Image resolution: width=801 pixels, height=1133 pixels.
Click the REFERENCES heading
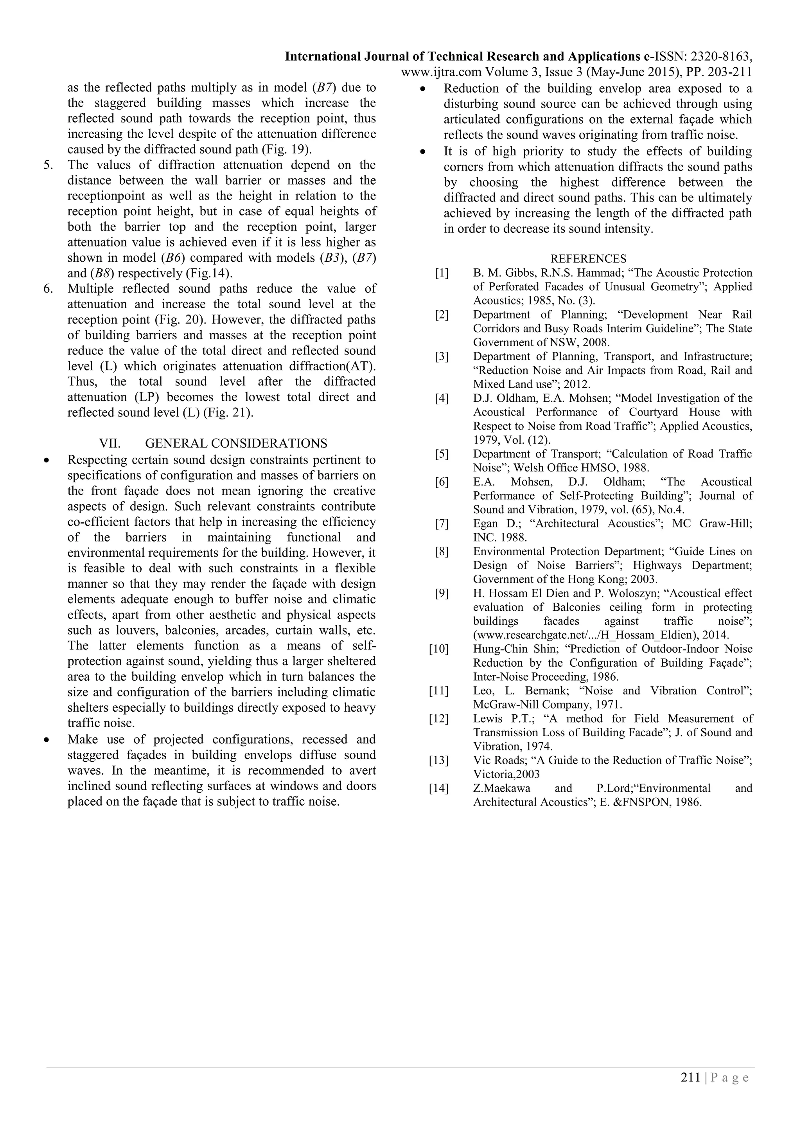pos(588,259)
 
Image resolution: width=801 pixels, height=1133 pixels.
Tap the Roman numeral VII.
pos(110,443)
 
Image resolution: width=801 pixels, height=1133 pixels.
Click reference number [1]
pos(442,273)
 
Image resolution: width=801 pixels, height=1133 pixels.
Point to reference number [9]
pos(442,593)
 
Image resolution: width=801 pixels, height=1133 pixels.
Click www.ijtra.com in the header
pos(441,72)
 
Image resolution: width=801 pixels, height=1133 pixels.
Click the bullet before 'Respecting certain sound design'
pos(47,460)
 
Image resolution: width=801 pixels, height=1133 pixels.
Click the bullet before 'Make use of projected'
pos(47,740)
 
